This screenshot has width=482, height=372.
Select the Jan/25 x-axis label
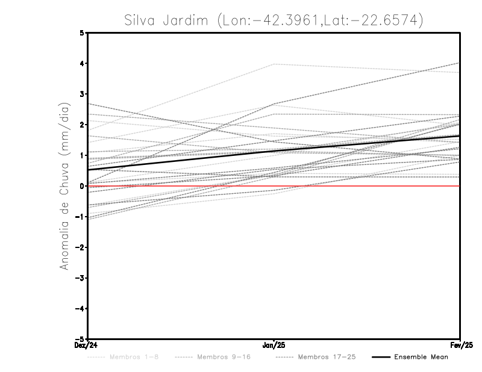tap(274, 345)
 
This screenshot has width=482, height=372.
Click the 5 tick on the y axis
tap(82, 33)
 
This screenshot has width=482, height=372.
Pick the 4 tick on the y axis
tap(82, 63)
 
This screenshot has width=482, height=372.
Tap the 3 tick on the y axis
tap(82, 94)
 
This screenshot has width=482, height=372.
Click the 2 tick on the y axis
tap(82, 125)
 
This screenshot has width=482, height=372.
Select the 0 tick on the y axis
tap(82, 186)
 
